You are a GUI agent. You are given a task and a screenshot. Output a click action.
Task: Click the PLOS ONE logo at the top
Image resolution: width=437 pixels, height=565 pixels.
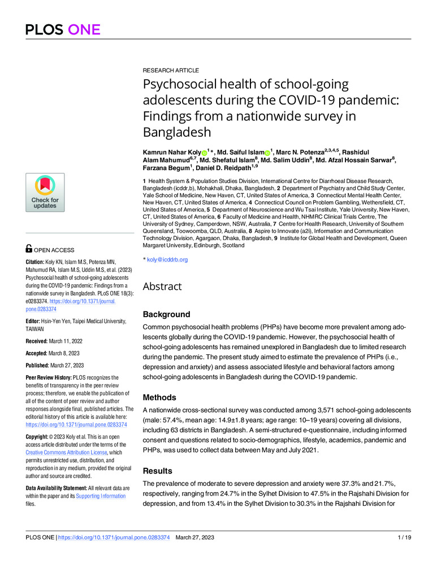(x=62, y=29)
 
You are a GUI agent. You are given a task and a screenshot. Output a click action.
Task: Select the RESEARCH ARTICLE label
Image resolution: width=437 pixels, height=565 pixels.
(x=170, y=71)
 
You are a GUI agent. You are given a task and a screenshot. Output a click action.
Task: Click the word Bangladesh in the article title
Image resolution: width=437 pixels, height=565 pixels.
(x=176, y=133)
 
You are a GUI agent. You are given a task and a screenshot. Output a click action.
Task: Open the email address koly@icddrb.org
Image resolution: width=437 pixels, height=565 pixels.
(x=167, y=260)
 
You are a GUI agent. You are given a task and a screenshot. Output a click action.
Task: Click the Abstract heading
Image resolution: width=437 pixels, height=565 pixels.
(x=162, y=286)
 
